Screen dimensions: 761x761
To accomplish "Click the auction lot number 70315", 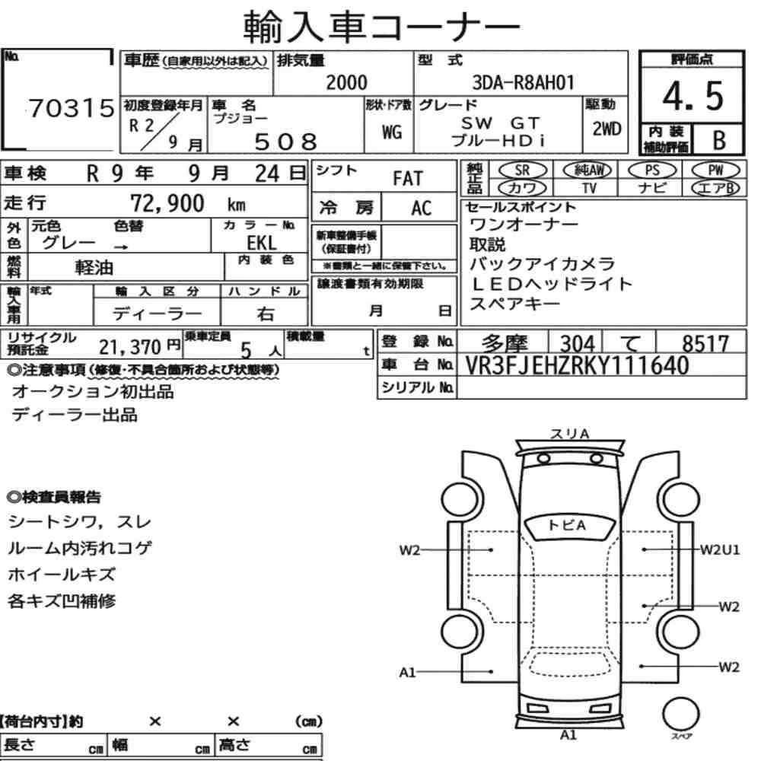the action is click(72, 108).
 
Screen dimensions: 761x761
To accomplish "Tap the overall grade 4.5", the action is click(693, 96).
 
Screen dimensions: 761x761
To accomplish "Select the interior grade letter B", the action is click(719, 140).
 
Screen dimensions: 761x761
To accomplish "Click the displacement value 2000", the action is click(346, 82).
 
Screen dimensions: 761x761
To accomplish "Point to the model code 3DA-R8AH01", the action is click(524, 82).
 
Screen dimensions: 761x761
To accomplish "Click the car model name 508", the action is click(286, 142).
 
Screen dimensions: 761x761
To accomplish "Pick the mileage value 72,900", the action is click(167, 203).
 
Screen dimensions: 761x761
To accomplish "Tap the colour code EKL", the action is click(262, 243).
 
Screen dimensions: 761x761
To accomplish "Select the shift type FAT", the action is click(408, 179).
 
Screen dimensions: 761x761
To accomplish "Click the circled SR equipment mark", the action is click(523, 170).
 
